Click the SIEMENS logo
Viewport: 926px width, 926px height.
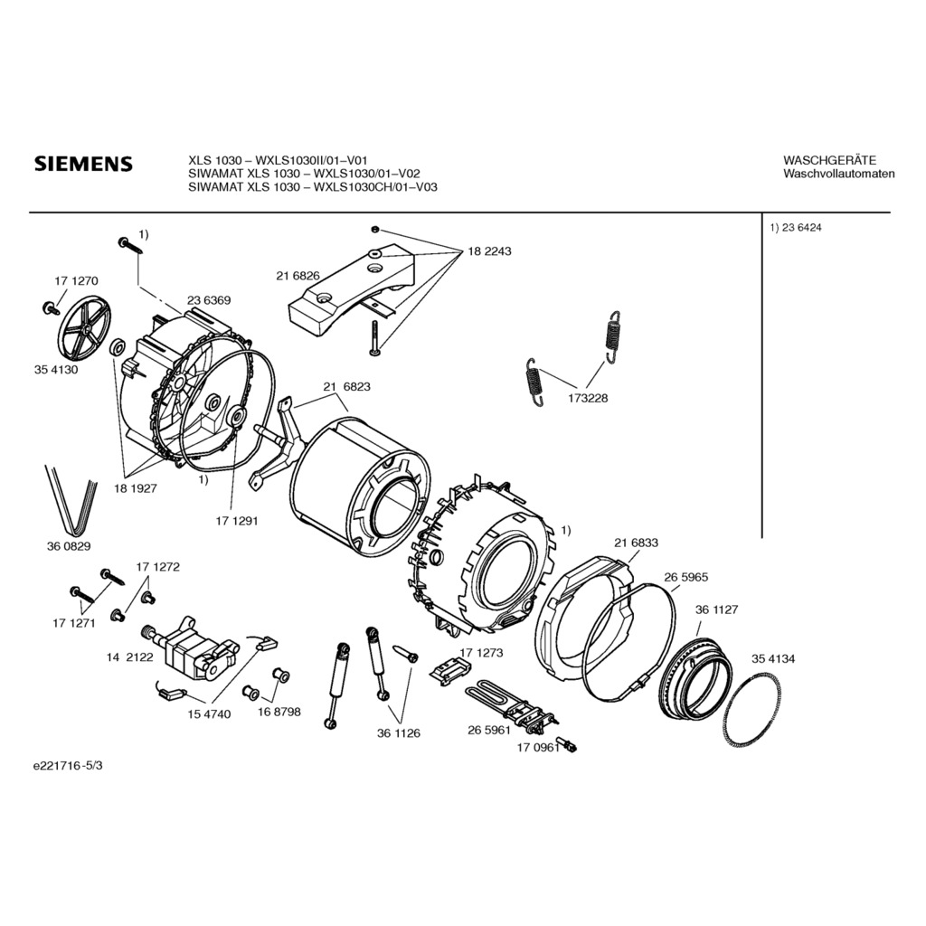tap(83, 164)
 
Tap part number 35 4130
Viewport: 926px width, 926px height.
tap(55, 370)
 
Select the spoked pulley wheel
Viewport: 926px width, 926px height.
tap(80, 325)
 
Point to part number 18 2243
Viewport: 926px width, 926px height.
tap(489, 251)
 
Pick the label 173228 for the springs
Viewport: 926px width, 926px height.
tap(588, 398)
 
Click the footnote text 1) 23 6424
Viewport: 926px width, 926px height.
tap(796, 227)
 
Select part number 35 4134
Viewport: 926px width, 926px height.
tap(773, 658)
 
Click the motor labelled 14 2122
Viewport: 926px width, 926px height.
tap(190, 650)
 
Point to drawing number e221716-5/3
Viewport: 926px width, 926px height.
tap(68, 766)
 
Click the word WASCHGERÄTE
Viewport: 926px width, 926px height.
tap(830, 160)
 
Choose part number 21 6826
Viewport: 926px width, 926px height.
tap(298, 276)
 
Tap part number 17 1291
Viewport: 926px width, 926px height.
tap(237, 521)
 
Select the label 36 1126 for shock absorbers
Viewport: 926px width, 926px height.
tap(399, 732)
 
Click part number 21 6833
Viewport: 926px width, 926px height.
tap(636, 543)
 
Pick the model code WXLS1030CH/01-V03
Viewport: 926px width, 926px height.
tap(375, 187)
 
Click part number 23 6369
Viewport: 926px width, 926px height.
tap(209, 300)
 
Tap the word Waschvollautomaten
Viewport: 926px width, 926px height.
tap(838, 174)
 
